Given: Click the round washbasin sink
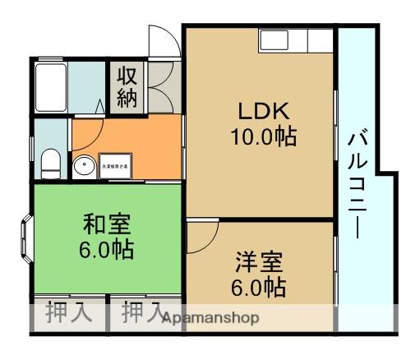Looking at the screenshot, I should click(83, 166).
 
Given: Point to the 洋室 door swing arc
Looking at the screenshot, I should click(200, 236).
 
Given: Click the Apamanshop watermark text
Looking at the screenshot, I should click(210, 318).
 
